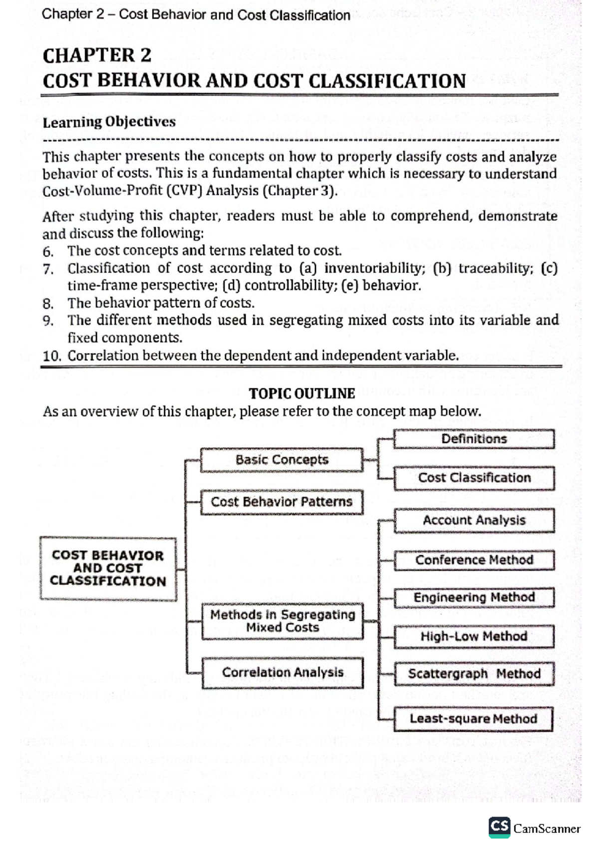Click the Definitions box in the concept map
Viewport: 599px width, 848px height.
tap(474, 439)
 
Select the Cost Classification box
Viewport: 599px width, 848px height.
tap(474, 478)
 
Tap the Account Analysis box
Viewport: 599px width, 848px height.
tap(474, 520)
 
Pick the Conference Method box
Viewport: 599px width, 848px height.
tap(474, 560)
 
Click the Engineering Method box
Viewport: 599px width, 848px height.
tap(474, 597)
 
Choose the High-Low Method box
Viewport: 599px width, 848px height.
tap(474, 636)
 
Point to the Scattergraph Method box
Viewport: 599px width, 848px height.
tap(474, 674)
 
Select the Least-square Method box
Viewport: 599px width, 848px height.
tap(473, 719)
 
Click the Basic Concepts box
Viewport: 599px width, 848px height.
tap(282, 459)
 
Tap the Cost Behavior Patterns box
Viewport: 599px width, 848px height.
tap(282, 501)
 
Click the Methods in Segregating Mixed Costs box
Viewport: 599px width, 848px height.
tap(282, 621)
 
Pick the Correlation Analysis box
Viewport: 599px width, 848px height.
tap(283, 672)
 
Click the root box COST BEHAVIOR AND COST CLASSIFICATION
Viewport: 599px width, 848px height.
tap(108, 568)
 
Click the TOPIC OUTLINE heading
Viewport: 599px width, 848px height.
tap(301, 394)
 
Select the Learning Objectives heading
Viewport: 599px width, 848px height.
tap(109, 122)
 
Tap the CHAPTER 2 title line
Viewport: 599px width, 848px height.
tap(97, 55)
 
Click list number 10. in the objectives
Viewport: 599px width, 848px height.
tap(51, 356)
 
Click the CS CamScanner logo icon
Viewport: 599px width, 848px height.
tap(499, 828)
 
